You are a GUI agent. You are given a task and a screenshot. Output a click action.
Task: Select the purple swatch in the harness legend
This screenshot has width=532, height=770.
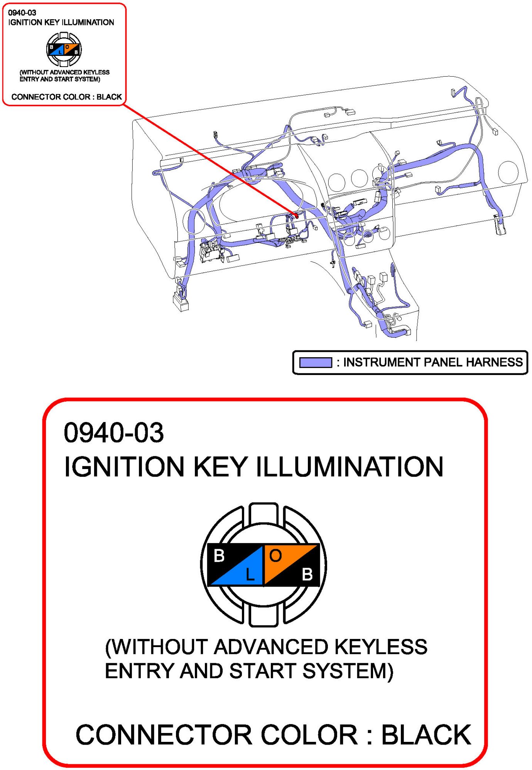coord(316,363)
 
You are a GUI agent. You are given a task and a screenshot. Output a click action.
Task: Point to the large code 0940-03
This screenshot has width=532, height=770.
coord(114,432)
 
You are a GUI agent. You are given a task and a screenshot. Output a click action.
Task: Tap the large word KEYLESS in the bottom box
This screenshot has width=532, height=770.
coord(381,647)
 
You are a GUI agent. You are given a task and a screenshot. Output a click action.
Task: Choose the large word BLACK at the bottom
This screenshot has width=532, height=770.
coord(426,735)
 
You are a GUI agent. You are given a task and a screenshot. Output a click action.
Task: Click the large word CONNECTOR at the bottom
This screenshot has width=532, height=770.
coord(164,735)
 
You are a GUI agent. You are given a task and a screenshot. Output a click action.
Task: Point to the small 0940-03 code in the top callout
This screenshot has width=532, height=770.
coord(22,13)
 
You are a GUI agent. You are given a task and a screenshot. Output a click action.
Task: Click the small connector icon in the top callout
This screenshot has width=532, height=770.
coord(64,49)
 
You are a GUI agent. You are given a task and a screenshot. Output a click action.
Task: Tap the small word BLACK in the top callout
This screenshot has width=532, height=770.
coord(109,97)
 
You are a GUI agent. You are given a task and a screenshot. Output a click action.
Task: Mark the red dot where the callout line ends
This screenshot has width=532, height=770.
coord(296,216)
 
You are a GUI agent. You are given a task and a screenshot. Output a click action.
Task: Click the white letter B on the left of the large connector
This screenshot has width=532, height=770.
coord(219,556)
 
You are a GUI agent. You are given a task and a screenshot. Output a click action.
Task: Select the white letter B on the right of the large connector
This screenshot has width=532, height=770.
coord(307,574)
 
